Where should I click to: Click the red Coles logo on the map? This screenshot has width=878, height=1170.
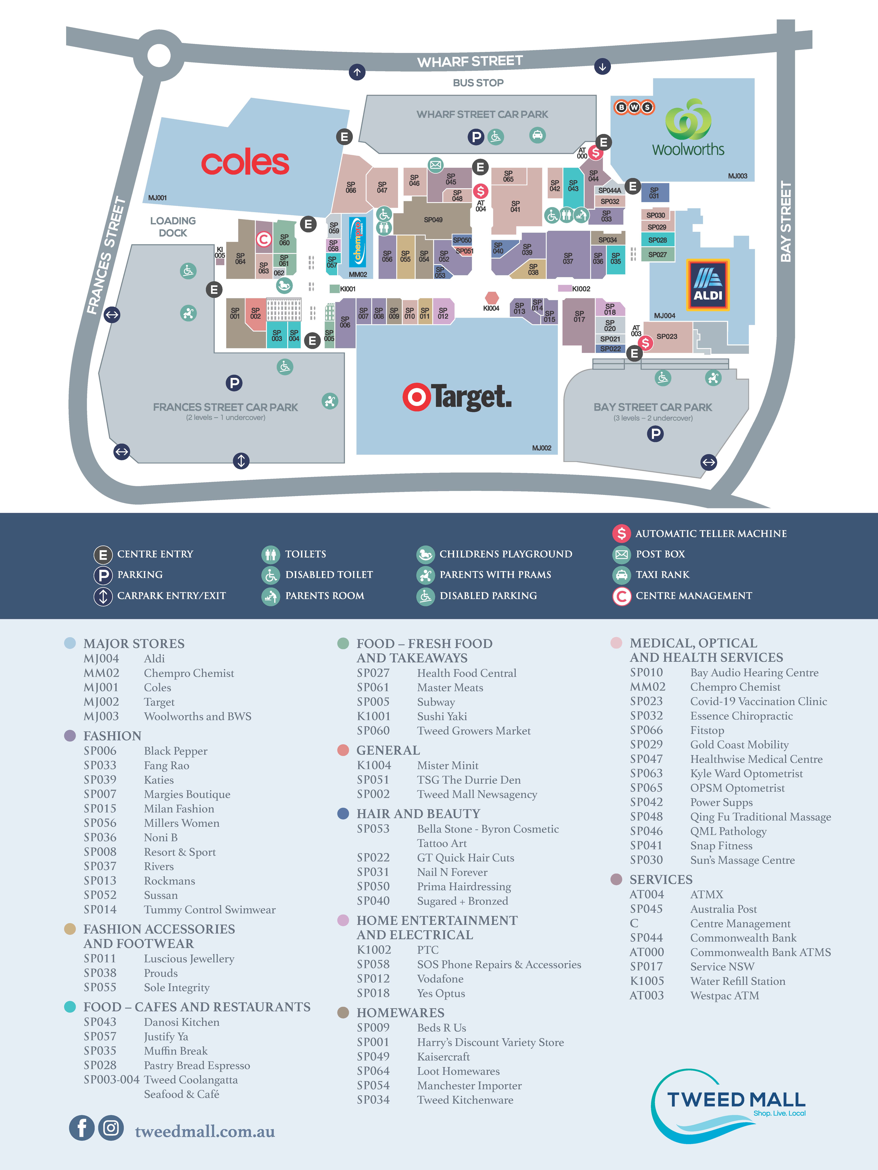click(245, 163)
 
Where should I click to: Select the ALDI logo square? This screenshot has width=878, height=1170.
click(708, 285)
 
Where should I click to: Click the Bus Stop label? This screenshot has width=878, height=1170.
click(478, 82)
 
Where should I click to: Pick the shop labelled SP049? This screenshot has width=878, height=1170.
click(433, 220)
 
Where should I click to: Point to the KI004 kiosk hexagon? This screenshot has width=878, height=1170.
click(492, 298)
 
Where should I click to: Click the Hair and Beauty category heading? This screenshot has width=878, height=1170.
click(418, 813)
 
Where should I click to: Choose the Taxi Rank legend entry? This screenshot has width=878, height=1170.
click(662, 574)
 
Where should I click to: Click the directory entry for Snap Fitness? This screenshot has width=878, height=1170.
click(721, 845)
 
